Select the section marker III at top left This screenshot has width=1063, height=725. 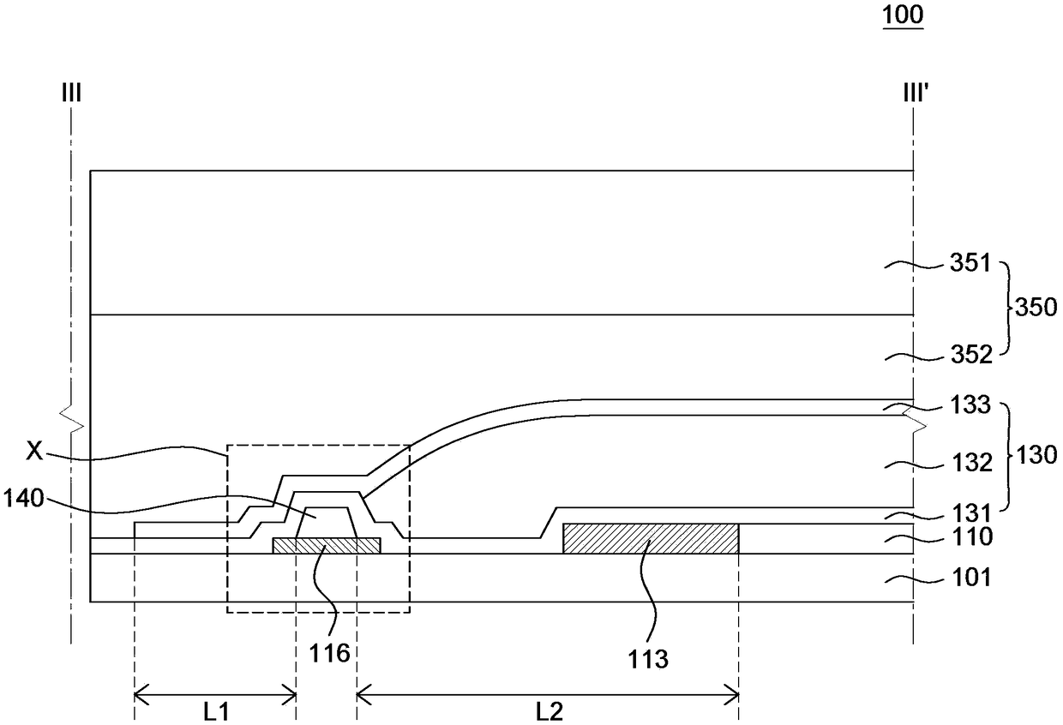pos(71,91)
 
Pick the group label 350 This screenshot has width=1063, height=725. pos(1036,307)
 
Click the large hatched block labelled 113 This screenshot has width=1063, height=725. pos(650,538)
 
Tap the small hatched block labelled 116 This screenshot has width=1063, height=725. pos(326,546)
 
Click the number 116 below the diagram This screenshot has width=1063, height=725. pos(331,654)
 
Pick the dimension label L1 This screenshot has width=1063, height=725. pos(216,710)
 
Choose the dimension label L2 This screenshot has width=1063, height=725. pos(549,710)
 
